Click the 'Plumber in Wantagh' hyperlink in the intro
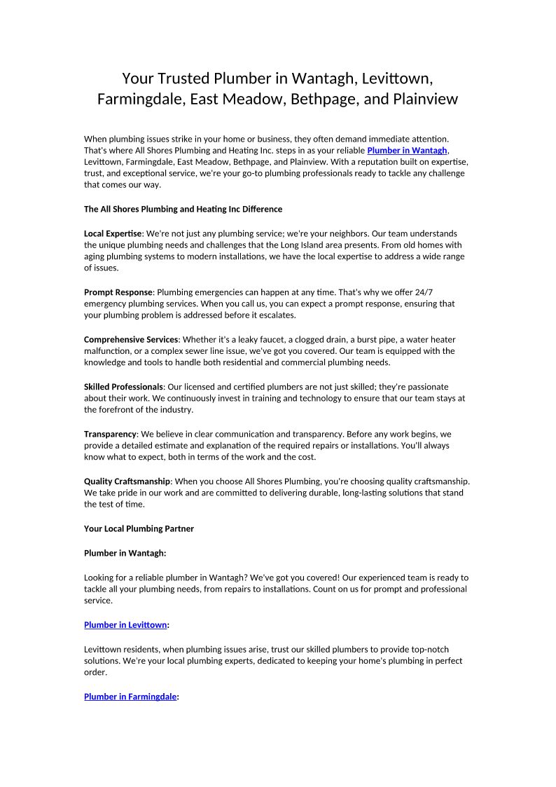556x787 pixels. (407, 151)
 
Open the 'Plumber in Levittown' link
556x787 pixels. (125, 624)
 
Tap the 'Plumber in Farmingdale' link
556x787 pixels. (130, 697)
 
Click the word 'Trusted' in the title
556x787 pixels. (184, 77)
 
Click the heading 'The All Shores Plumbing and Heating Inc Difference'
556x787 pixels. (183, 209)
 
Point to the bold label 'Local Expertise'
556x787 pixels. (113, 233)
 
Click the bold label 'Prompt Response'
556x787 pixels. (118, 292)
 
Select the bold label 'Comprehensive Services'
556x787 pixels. (131, 340)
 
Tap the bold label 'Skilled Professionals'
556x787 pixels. (123, 387)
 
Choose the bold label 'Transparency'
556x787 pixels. (110, 434)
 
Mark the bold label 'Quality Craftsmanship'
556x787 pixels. (127, 481)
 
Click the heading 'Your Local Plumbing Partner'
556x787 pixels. (139, 528)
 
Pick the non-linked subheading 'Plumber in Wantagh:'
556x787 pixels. (125, 553)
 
